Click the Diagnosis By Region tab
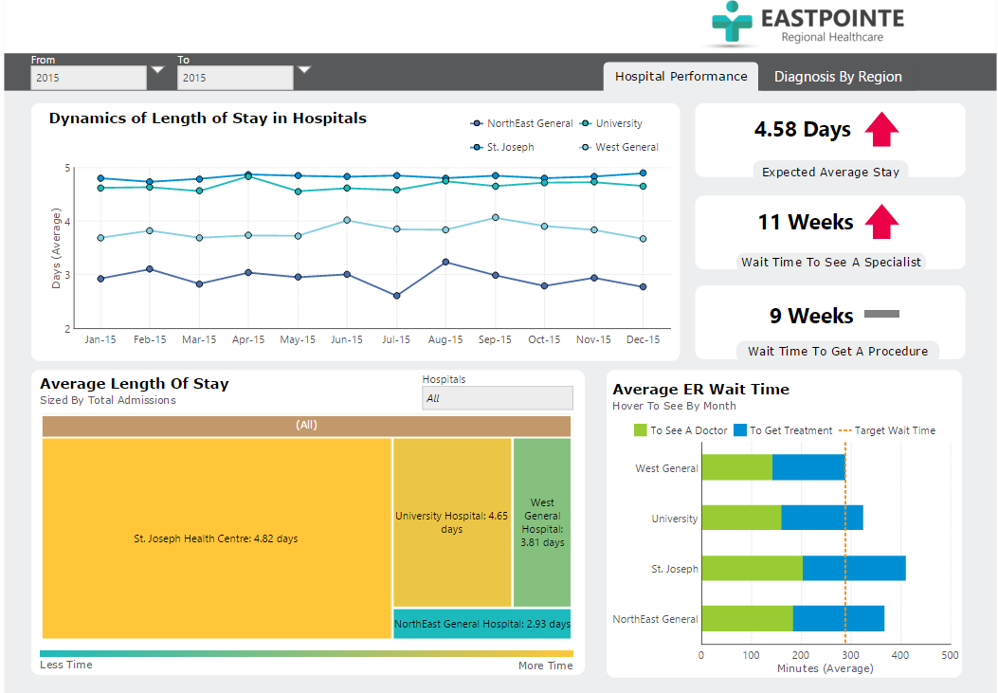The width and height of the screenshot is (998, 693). coord(838,77)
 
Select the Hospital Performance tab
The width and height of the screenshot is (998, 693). coord(680,77)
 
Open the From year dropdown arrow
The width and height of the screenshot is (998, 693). coord(157,70)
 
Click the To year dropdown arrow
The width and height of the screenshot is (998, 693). coord(304,70)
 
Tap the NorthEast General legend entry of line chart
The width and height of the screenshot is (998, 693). coord(522,123)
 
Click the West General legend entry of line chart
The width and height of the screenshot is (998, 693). coord(620,147)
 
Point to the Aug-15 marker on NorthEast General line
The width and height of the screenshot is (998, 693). coord(445,262)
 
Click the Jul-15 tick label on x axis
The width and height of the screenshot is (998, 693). coord(396,339)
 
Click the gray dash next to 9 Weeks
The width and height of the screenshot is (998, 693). coord(881,314)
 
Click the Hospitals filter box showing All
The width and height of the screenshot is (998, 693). coord(497,398)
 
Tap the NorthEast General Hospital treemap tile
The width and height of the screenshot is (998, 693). coord(481,624)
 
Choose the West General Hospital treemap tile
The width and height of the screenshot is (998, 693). coord(542,522)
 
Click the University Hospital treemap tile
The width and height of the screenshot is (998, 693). coord(452,522)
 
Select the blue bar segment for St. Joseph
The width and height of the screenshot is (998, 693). coord(853,569)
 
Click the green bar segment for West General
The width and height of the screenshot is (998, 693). coord(736,467)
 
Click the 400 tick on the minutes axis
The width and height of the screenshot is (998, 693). coord(900,655)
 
